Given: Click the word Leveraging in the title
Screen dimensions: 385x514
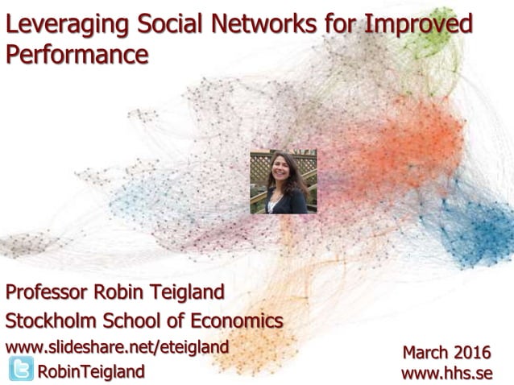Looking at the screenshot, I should point(67,26).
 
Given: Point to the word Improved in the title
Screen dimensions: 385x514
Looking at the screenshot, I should point(419,26).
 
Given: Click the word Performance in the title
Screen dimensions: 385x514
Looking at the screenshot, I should point(77,55).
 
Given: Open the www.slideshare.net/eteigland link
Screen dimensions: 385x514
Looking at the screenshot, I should point(117,346).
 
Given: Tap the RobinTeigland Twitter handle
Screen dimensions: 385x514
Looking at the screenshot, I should point(91,371).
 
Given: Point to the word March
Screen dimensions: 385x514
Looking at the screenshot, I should point(426,352).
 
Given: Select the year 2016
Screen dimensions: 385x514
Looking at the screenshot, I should point(472,352).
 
